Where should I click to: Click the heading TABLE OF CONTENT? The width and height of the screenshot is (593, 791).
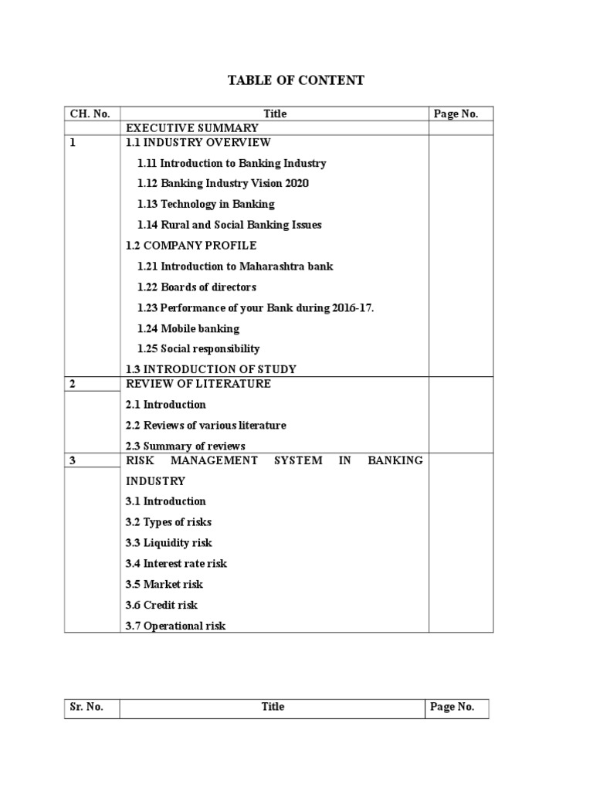[x=296, y=80]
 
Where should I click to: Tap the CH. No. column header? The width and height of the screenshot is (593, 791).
[x=90, y=114]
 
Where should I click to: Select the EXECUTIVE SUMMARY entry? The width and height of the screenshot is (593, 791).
[x=192, y=127]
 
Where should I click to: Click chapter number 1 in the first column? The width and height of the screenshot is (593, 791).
[x=73, y=142]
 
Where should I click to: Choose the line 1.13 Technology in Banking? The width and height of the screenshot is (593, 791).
[x=206, y=205]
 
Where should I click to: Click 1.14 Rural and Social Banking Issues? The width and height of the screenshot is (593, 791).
[x=229, y=225]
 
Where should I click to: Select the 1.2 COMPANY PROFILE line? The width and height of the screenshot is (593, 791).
[x=191, y=246]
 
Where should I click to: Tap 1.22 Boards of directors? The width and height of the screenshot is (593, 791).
[x=197, y=287]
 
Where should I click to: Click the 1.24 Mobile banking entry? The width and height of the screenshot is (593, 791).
[x=188, y=328]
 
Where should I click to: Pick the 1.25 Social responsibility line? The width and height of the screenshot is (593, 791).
[x=198, y=348]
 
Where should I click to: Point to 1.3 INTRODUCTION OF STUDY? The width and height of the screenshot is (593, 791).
[x=211, y=369]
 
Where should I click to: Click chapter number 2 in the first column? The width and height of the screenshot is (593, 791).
[x=73, y=384]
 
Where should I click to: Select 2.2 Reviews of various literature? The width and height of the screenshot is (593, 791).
[x=205, y=426]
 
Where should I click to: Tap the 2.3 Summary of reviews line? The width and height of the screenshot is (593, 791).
[x=185, y=446]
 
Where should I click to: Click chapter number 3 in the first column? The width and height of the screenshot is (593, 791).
[x=73, y=460]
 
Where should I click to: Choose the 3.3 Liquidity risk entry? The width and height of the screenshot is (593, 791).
[x=168, y=543]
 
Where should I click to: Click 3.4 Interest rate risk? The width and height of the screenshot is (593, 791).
[x=176, y=564]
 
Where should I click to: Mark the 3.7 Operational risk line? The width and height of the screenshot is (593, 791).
[x=175, y=626]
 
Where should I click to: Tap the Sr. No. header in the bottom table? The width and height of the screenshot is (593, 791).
[x=85, y=707]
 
